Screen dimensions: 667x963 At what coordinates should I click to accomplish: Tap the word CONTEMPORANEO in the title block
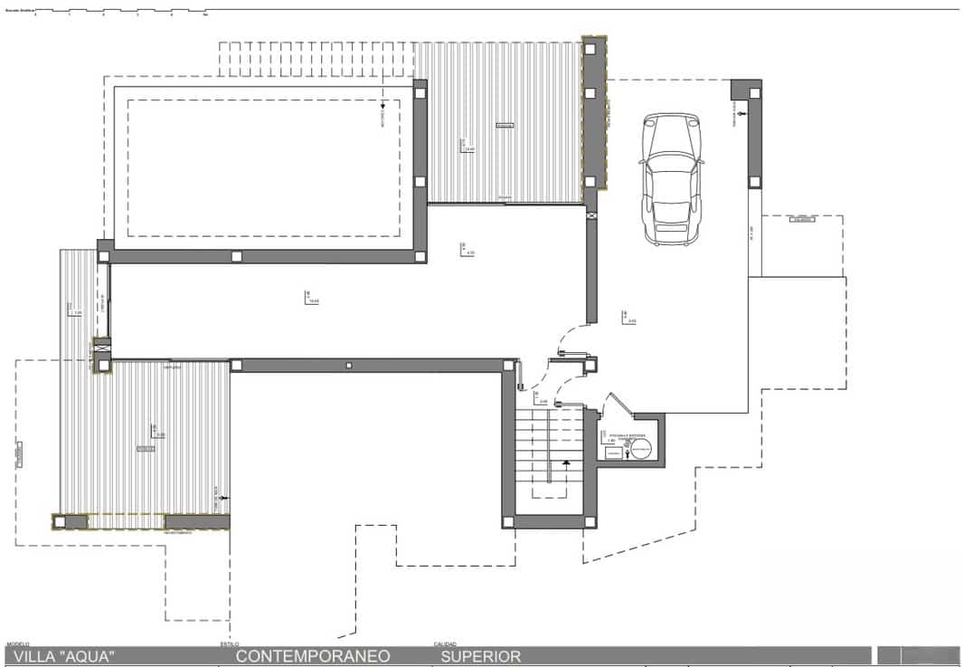(313, 656)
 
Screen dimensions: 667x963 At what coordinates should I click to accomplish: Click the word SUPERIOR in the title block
(480, 656)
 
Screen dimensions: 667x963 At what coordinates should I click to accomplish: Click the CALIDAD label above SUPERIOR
(445, 644)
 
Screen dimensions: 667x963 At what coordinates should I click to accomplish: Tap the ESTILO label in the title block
(230, 644)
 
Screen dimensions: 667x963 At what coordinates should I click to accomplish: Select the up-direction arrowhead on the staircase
(566, 462)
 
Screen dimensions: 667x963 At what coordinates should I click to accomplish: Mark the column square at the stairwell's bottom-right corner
(590, 521)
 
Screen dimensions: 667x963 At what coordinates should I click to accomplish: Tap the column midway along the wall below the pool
(236, 256)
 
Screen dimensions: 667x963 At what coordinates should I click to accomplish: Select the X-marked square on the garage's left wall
(591, 216)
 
